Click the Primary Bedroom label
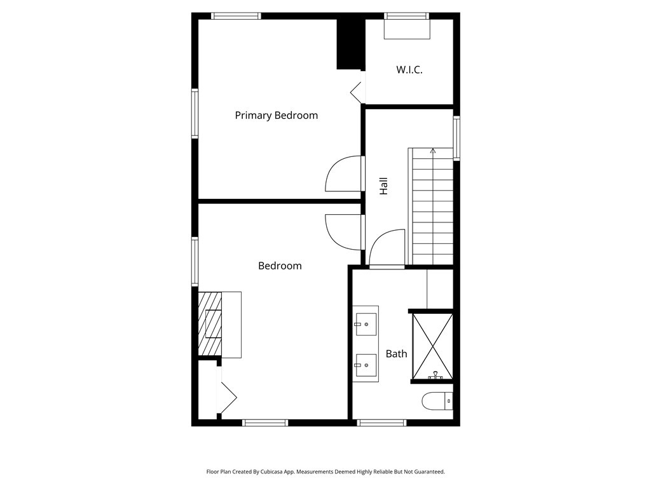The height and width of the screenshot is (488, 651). [x=276, y=116]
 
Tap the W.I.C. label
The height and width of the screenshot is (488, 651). [x=409, y=70]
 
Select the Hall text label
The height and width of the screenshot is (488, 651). [x=383, y=186]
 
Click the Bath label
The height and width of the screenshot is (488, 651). [x=397, y=354]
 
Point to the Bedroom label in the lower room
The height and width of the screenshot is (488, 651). [x=280, y=266]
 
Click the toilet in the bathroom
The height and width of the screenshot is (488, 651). [x=437, y=401]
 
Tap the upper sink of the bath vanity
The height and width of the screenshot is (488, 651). [x=366, y=324]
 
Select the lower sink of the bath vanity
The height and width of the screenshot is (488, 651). [x=366, y=365]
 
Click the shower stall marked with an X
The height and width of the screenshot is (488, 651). [x=432, y=346]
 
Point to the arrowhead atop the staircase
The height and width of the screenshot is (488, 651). [x=433, y=151]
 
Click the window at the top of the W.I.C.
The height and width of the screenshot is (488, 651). [x=406, y=16]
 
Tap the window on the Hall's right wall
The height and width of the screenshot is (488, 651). [x=456, y=138]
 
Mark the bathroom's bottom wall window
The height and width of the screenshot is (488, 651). [x=381, y=423]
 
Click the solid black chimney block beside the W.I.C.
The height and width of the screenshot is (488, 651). [x=350, y=44]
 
